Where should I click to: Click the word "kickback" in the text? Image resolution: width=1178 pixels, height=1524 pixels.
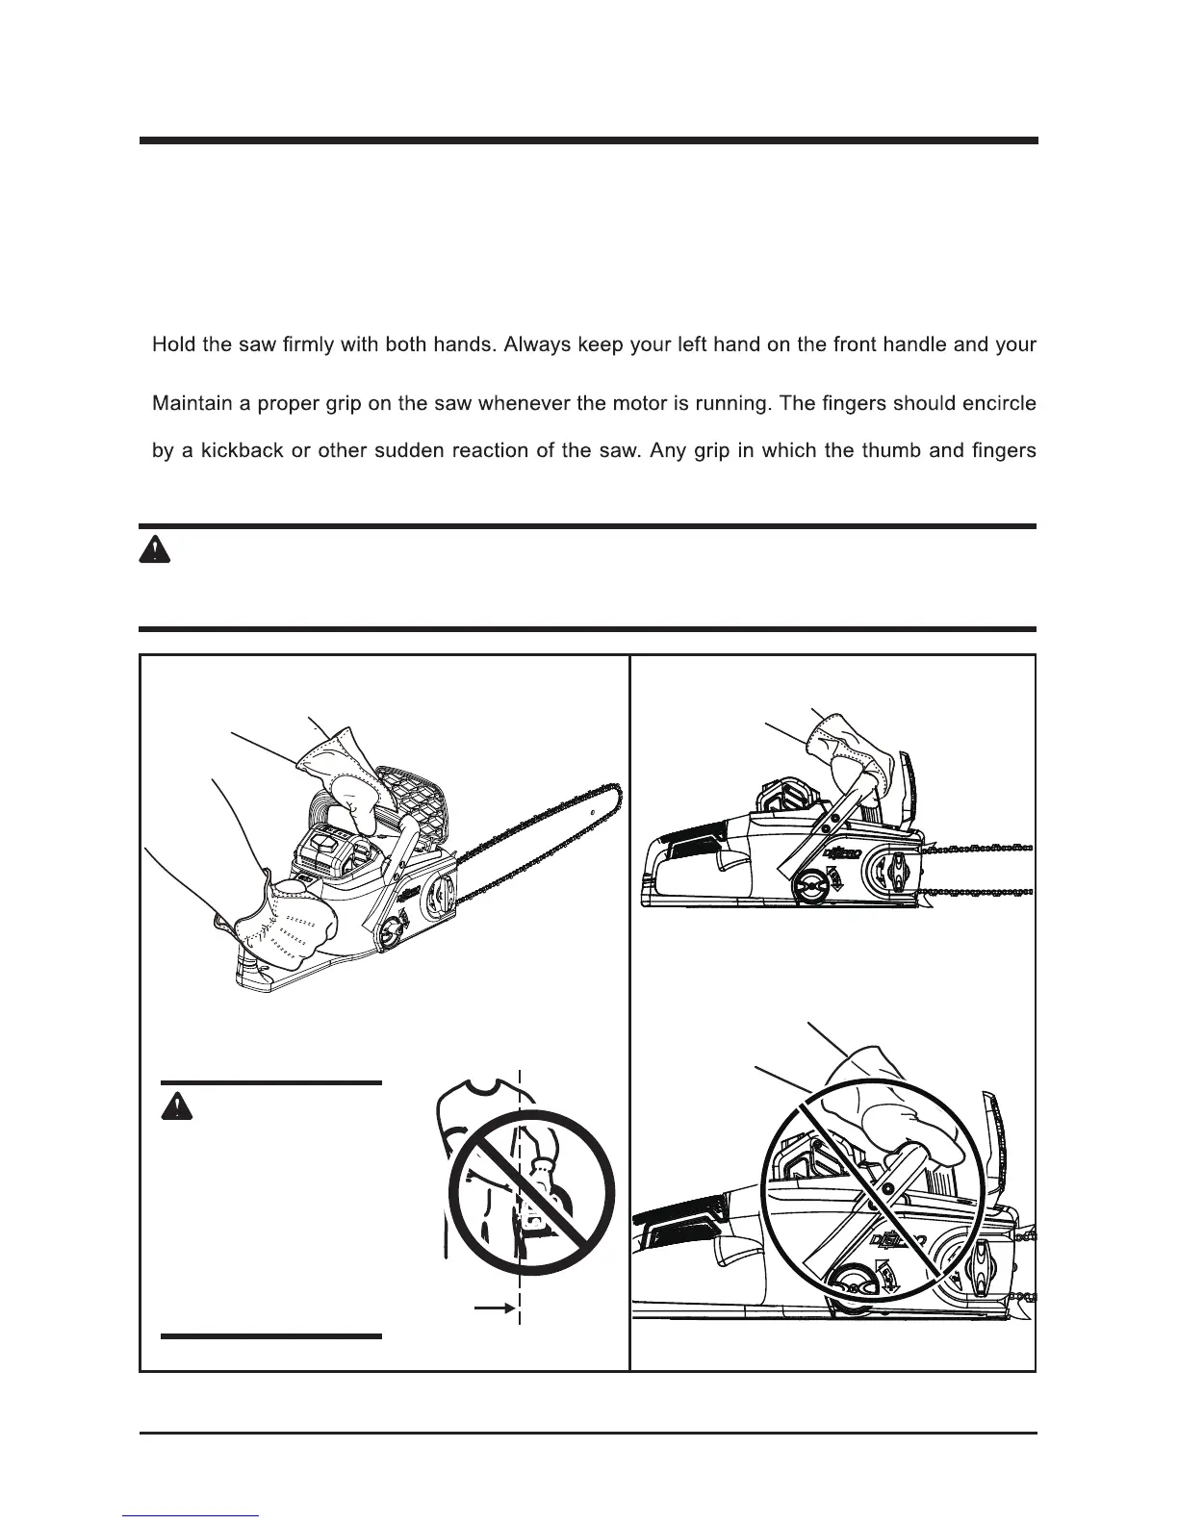[241, 451]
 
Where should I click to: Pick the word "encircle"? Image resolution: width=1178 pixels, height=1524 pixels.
[993, 403]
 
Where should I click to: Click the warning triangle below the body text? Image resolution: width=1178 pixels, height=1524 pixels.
[154, 550]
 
